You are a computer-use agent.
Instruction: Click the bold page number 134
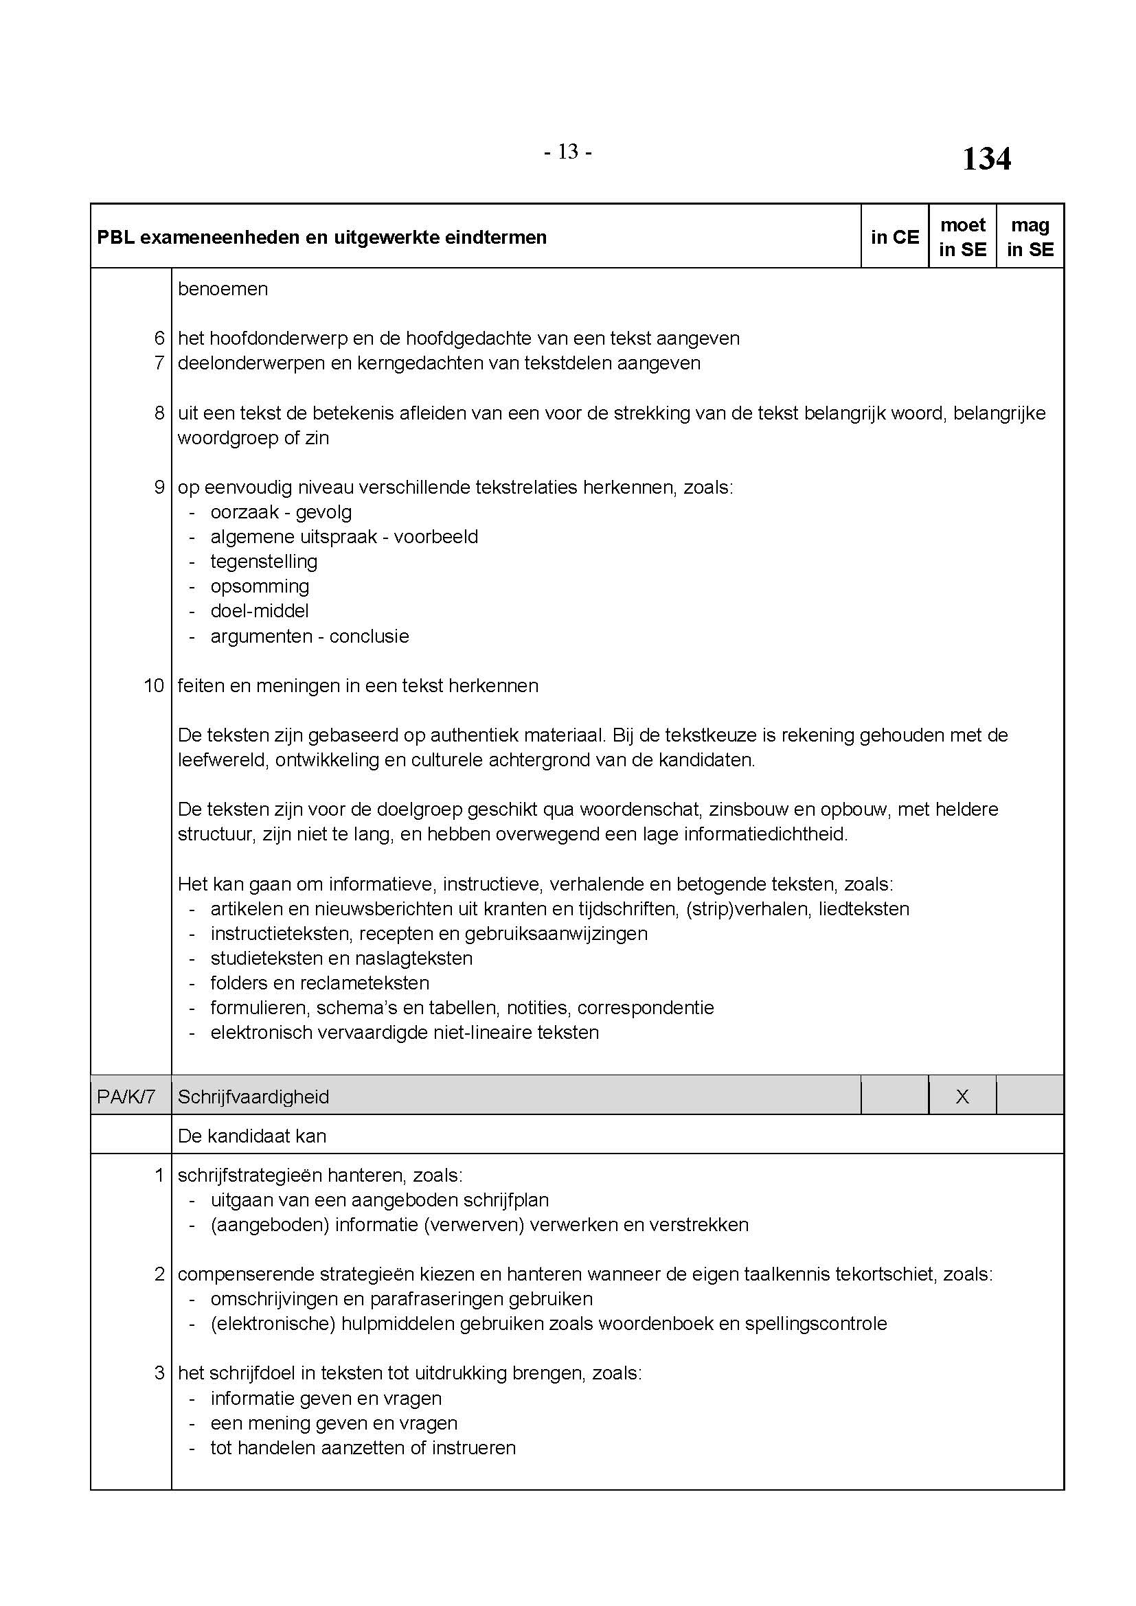pyautogui.click(x=986, y=159)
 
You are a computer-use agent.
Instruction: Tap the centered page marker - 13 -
pyautogui.click(x=567, y=151)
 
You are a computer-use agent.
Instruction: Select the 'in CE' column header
pyautogui.click(x=895, y=237)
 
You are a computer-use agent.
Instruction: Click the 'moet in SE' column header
pyautogui.click(x=962, y=237)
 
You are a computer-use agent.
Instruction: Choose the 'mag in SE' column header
pyautogui.click(x=1030, y=237)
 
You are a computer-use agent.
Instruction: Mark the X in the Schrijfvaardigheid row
pyautogui.click(x=962, y=1096)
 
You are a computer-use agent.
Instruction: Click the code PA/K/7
pyautogui.click(x=126, y=1096)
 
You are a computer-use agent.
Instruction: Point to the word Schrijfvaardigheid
pyautogui.click(x=253, y=1096)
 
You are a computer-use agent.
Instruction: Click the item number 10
pyautogui.click(x=154, y=685)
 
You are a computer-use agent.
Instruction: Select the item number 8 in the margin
pyautogui.click(x=159, y=413)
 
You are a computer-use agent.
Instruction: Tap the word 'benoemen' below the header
pyautogui.click(x=223, y=289)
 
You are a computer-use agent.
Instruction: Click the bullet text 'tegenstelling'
pyautogui.click(x=264, y=561)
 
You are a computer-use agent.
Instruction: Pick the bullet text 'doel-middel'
pyautogui.click(x=260, y=610)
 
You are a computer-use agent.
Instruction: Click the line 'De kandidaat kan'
pyautogui.click(x=252, y=1136)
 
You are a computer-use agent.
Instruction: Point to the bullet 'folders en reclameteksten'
pyautogui.click(x=319, y=983)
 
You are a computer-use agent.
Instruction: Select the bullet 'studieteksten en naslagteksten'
pyautogui.click(x=341, y=958)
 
